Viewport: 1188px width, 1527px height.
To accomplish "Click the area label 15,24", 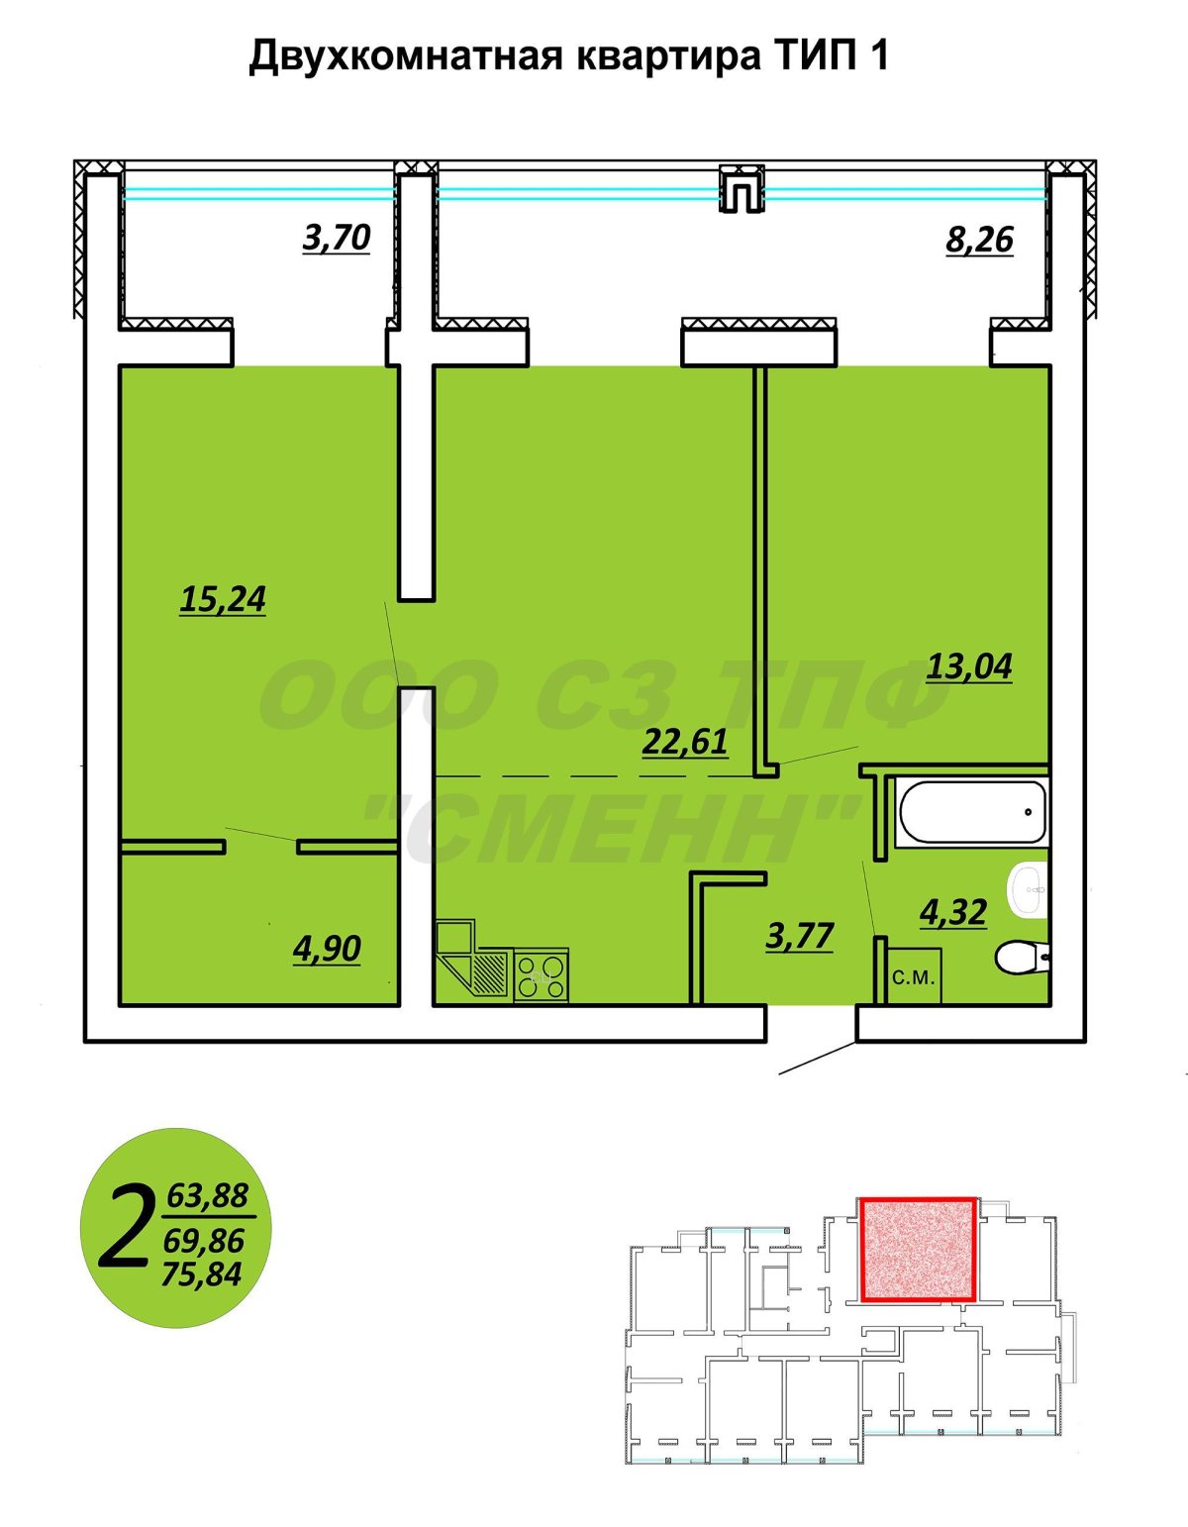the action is pyautogui.click(x=223, y=599).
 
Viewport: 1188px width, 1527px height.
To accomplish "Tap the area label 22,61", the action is pyautogui.click(x=685, y=742).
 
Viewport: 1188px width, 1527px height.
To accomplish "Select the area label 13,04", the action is pyautogui.click(x=969, y=666).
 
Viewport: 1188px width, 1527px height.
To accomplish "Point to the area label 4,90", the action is pyautogui.click(x=327, y=948).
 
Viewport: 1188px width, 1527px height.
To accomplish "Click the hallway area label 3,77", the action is pyautogui.click(x=800, y=936).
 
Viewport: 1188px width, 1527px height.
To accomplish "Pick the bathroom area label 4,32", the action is pyautogui.click(x=953, y=911).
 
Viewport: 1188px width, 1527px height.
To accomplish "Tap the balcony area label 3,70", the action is pyautogui.click(x=336, y=238).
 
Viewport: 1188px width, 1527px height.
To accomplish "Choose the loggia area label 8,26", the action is pyautogui.click(x=979, y=241).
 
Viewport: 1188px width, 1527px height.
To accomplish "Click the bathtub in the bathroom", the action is pyautogui.click(x=971, y=812).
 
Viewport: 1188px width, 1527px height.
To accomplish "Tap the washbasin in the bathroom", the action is pyautogui.click(x=1028, y=889).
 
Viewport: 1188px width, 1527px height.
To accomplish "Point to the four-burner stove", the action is pyautogui.click(x=541, y=976).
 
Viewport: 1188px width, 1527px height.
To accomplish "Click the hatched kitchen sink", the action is pyautogui.click(x=490, y=973).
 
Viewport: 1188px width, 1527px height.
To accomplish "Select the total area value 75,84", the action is pyautogui.click(x=202, y=1274).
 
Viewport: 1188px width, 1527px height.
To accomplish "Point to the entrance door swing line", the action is pyautogui.click(x=818, y=1058).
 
